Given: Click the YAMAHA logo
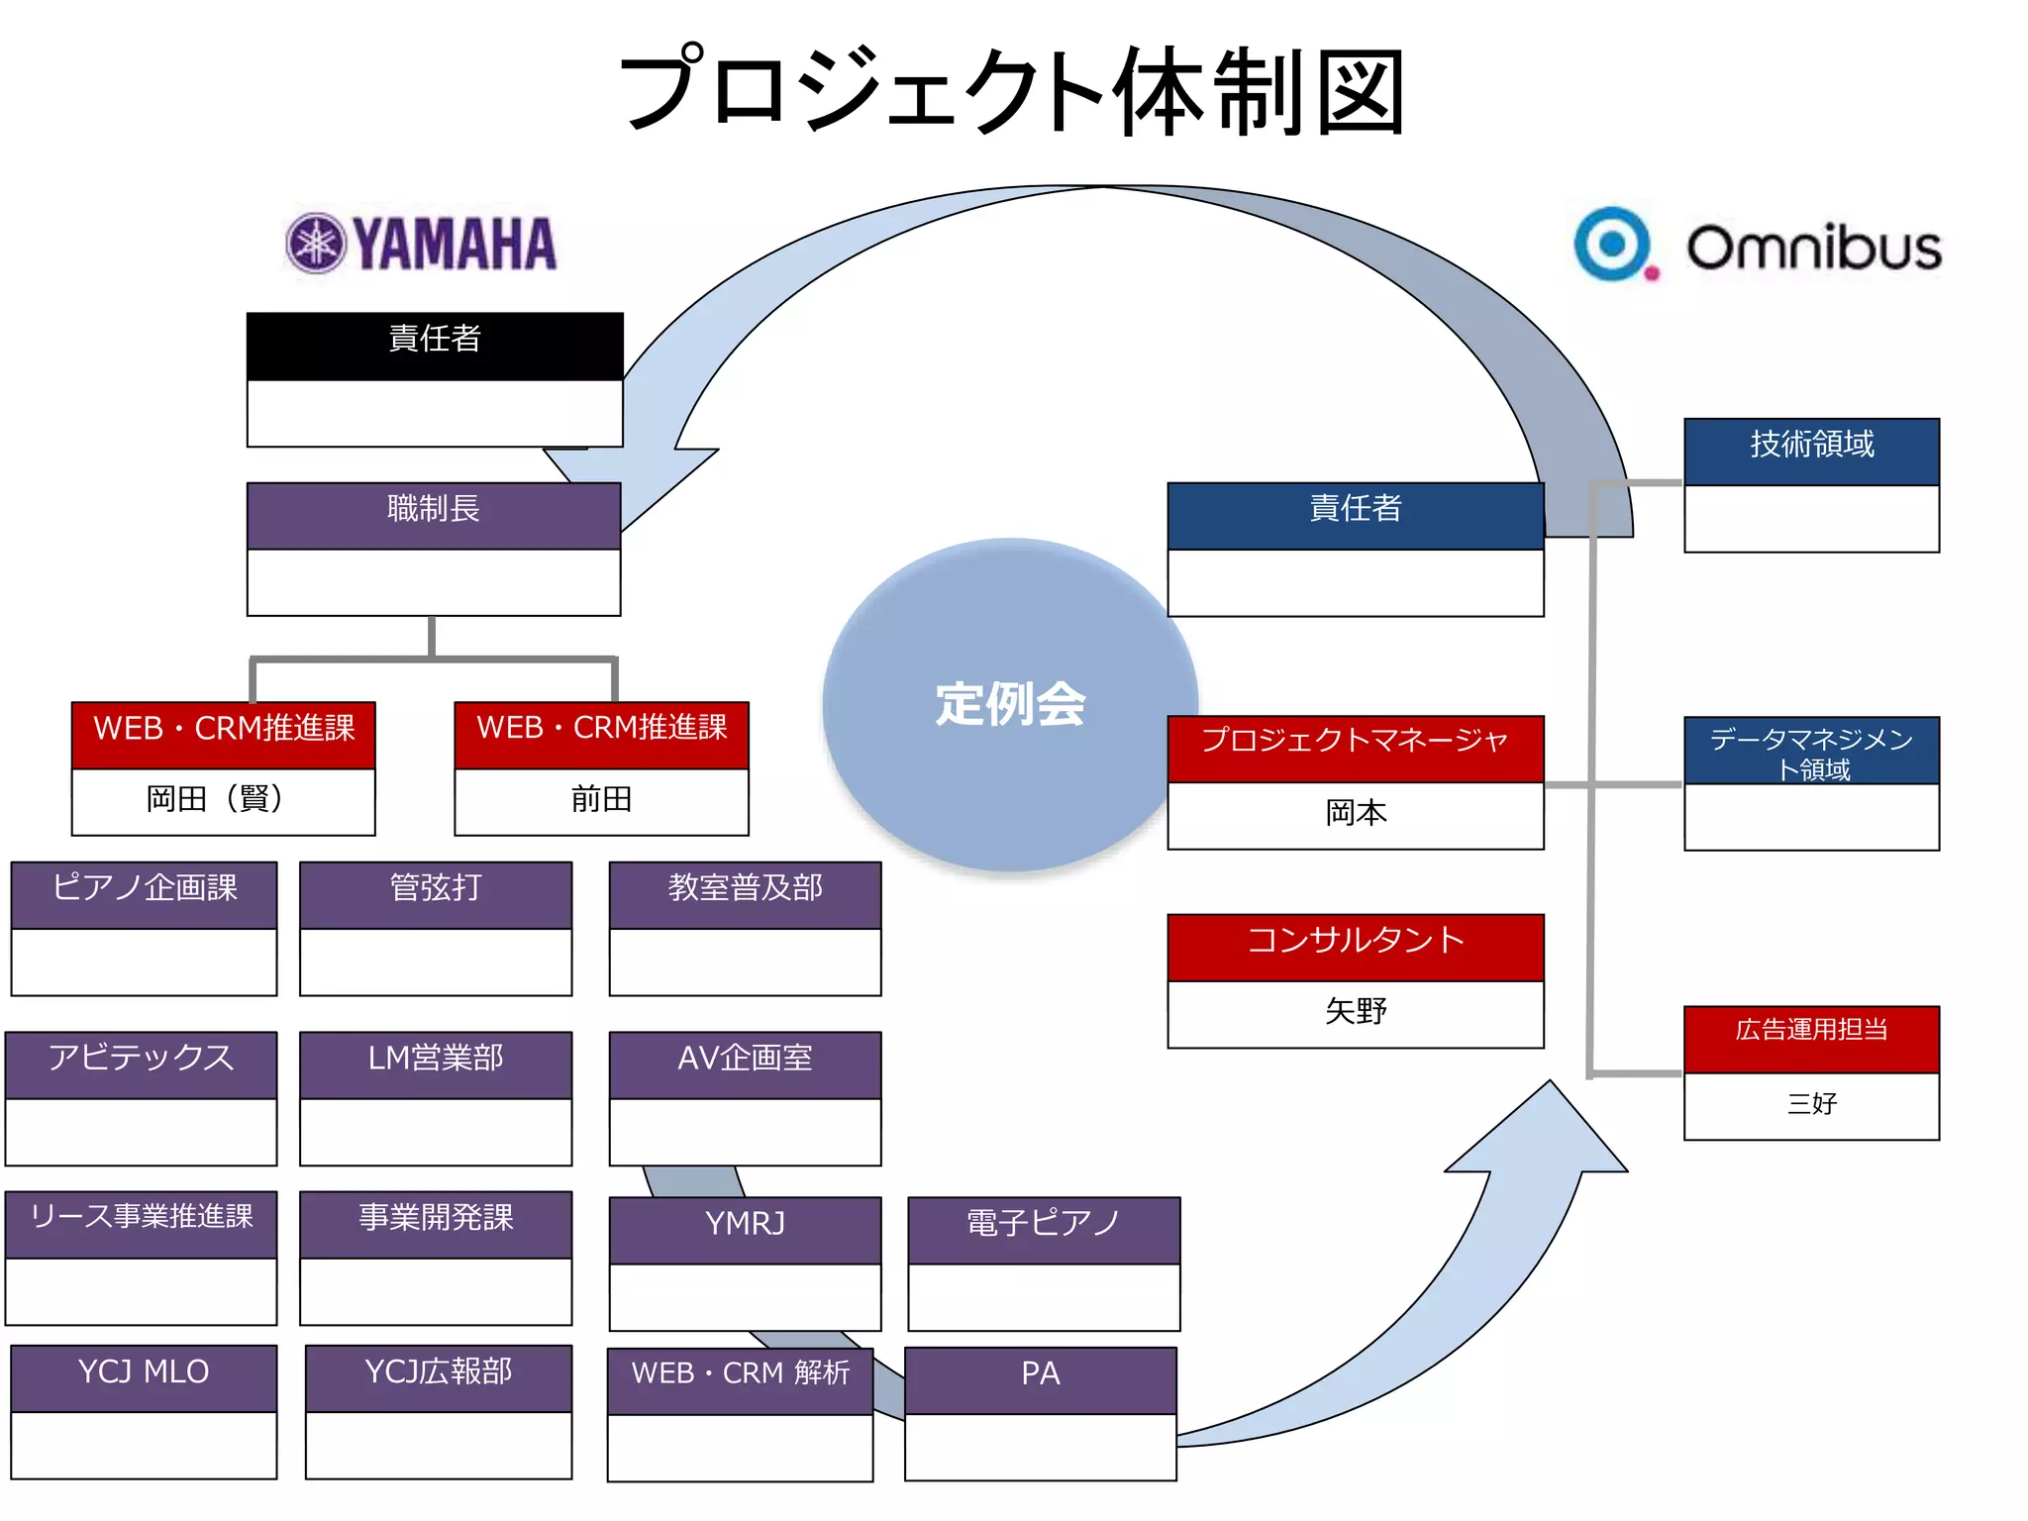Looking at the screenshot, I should click(x=421, y=244).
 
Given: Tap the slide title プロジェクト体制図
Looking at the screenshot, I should click(x=1012, y=91).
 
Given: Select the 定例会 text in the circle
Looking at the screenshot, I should click(x=1010, y=704).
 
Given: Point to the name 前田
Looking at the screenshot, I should click(x=601, y=799).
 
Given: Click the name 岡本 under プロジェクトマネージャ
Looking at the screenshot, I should click(x=1356, y=813).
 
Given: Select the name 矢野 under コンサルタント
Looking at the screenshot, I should click(x=1356, y=1011).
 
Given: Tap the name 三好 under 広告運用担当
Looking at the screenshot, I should click(x=1811, y=1103).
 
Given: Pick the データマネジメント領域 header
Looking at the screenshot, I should click(x=1811, y=752).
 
